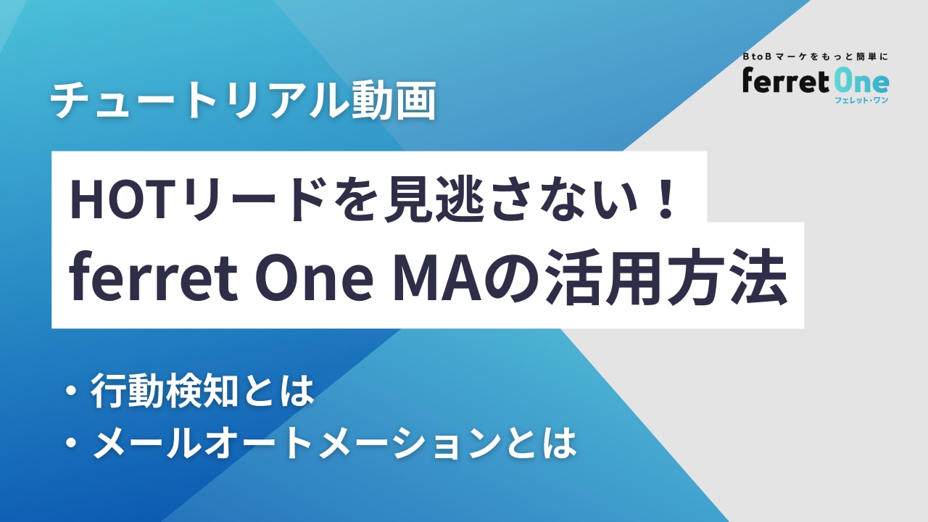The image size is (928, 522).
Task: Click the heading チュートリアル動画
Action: [x=243, y=100]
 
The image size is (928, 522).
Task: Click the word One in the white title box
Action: [x=315, y=276]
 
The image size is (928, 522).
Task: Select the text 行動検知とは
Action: [x=202, y=391]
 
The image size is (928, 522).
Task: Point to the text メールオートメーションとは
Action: [x=334, y=443]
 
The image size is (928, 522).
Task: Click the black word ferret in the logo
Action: [x=785, y=80]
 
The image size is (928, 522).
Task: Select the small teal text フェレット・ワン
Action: [x=862, y=100]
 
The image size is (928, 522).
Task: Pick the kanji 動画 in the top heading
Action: [x=394, y=100]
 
